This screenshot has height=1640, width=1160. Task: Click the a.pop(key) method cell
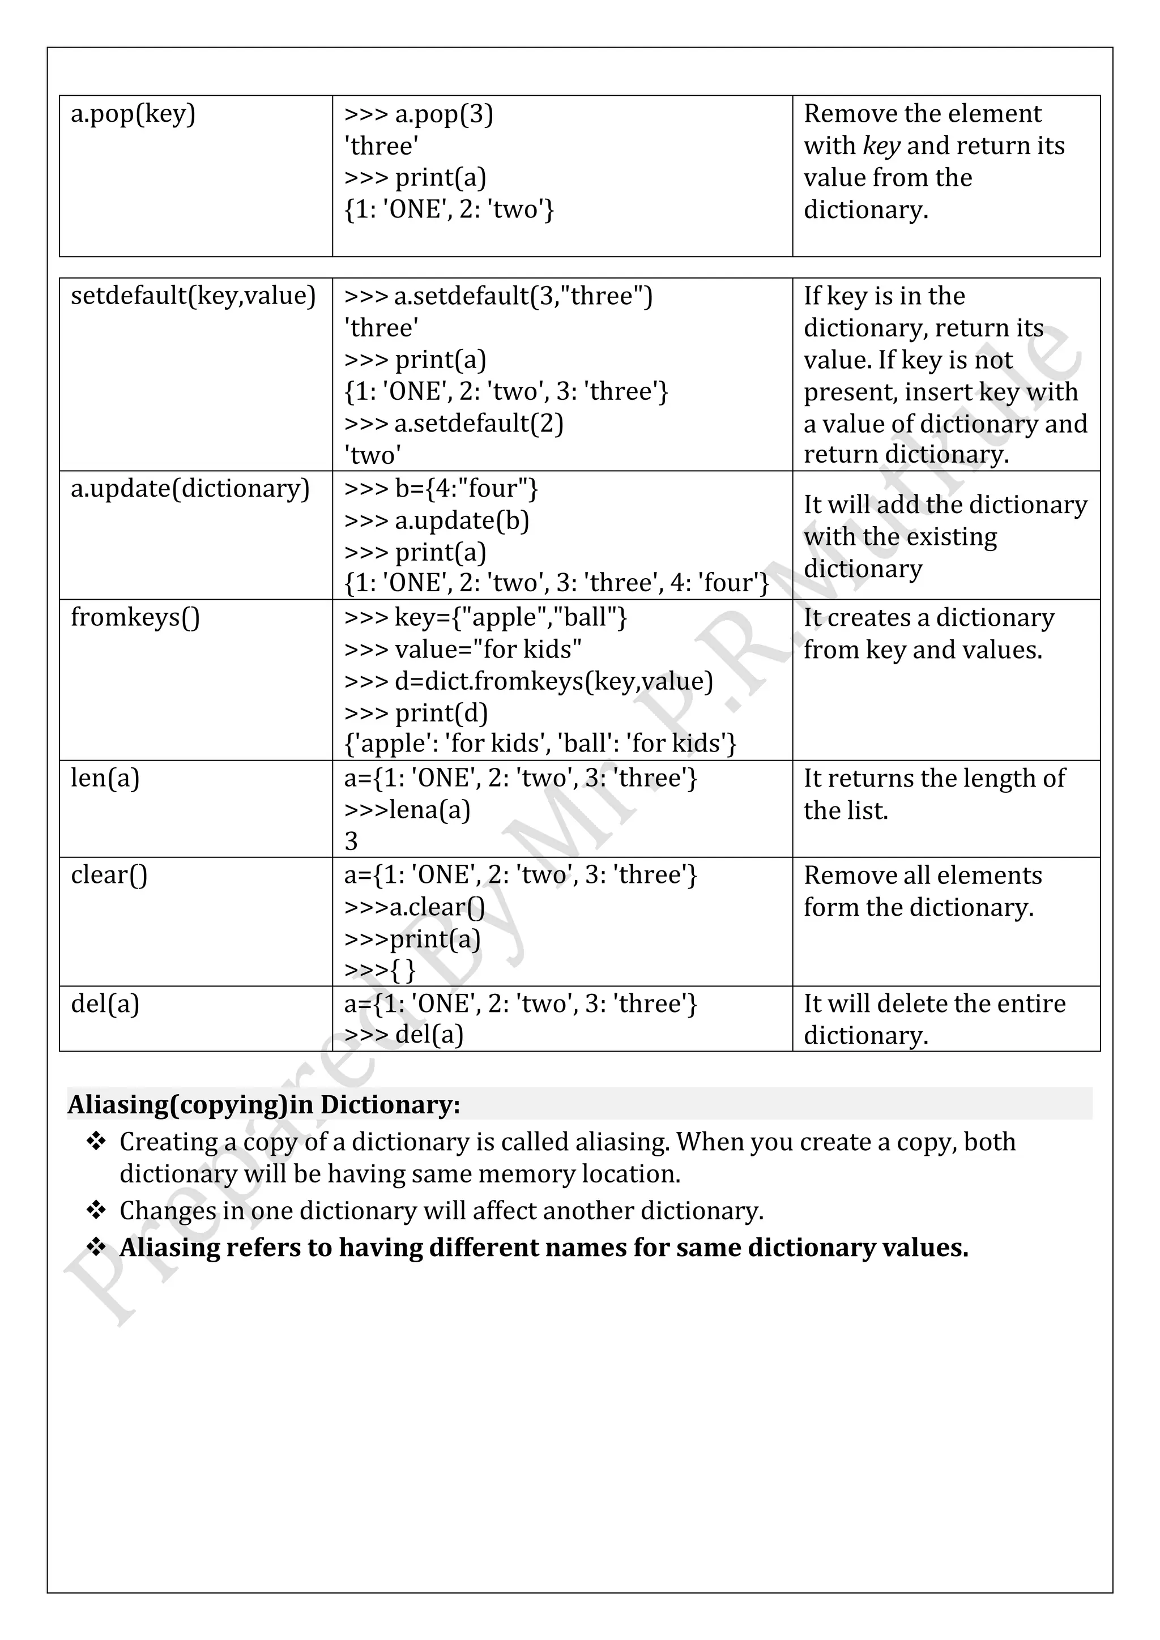point(133,114)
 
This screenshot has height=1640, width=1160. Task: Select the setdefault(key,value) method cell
point(193,296)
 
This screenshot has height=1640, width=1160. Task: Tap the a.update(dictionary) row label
point(190,489)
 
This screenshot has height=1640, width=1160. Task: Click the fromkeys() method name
point(135,617)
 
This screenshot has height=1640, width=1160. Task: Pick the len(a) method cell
point(105,778)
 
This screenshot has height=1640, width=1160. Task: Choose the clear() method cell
point(109,875)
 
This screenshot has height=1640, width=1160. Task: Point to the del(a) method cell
point(105,1003)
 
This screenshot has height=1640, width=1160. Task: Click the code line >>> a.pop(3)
point(419,114)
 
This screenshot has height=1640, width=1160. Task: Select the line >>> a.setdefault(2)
point(454,424)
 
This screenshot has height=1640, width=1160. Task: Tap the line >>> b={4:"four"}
point(441,489)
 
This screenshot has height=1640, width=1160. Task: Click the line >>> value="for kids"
point(462,650)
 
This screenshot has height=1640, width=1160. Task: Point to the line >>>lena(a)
point(407,810)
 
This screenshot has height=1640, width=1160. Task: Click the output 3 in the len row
point(351,842)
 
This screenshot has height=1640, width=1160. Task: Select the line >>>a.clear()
point(414,907)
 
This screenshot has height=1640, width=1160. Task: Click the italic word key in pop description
point(881,146)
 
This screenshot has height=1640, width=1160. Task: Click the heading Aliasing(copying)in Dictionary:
point(263,1104)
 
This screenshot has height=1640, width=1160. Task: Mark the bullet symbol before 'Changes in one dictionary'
point(96,1210)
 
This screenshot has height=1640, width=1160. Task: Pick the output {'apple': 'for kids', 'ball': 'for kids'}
point(540,744)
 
